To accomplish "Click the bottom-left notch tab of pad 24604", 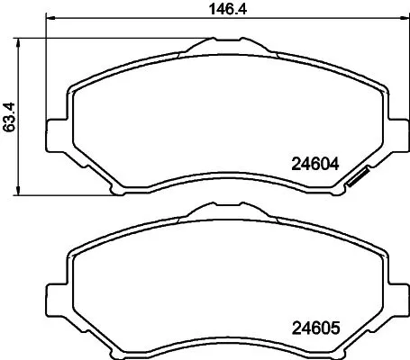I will pos(115,190).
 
